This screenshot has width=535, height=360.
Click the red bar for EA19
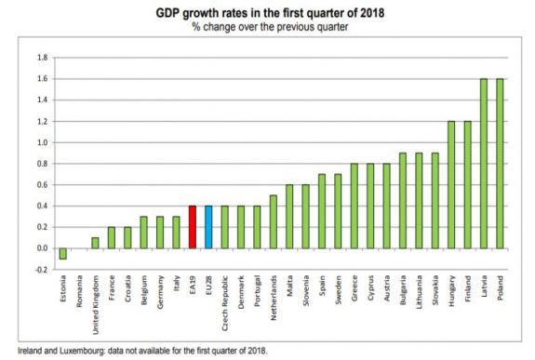192,227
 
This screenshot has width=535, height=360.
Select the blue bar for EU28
208,227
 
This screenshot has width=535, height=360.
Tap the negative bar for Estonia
62,253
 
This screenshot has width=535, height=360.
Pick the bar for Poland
500,164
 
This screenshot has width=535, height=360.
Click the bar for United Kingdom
95,243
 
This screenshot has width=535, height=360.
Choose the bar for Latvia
483,164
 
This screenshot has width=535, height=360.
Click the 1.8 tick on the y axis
42,58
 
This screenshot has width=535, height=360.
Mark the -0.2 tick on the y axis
41,270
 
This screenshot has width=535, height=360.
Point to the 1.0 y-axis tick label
42,142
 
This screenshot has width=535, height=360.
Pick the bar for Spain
321,211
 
